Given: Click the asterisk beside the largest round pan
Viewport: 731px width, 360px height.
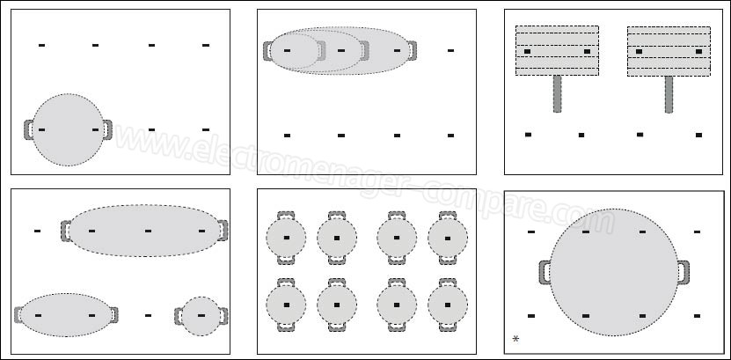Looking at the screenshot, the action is click(515, 339).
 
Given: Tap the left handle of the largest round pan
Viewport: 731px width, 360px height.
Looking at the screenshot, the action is click(545, 272).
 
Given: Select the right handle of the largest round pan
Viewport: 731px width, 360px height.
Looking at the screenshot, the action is click(683, 272).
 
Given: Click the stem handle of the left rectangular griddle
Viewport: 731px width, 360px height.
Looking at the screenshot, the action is click(557, 94).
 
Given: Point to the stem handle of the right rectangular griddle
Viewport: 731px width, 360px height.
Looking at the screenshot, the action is click(669, 94).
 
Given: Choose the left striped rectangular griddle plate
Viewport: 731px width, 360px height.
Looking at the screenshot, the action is click(557, 51).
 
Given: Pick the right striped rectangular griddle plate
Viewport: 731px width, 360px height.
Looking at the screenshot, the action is click(669, 51).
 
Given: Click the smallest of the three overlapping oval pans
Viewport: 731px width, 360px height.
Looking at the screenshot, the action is click(294, 51).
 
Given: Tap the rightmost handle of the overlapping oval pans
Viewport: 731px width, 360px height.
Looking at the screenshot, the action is click(412, 51).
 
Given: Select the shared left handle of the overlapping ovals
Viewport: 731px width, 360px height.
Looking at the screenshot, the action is click(267, 51).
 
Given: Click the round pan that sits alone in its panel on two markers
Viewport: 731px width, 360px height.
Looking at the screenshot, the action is click(68, 129).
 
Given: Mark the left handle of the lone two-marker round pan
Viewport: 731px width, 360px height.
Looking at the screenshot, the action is click(28, 129).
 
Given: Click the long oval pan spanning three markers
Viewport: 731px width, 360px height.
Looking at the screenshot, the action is click(144, 231).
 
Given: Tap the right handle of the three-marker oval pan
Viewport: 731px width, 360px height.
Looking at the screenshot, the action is click(223, 231).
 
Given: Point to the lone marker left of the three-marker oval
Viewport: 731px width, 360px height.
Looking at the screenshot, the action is click(37, 231).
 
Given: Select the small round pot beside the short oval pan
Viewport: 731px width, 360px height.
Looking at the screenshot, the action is click(201, 316).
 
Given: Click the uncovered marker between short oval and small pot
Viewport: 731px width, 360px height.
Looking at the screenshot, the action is click(149, 316).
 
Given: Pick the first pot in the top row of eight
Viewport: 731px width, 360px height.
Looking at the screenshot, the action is click(286, 238).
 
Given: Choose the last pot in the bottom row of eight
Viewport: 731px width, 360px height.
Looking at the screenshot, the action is click(448, 305).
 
